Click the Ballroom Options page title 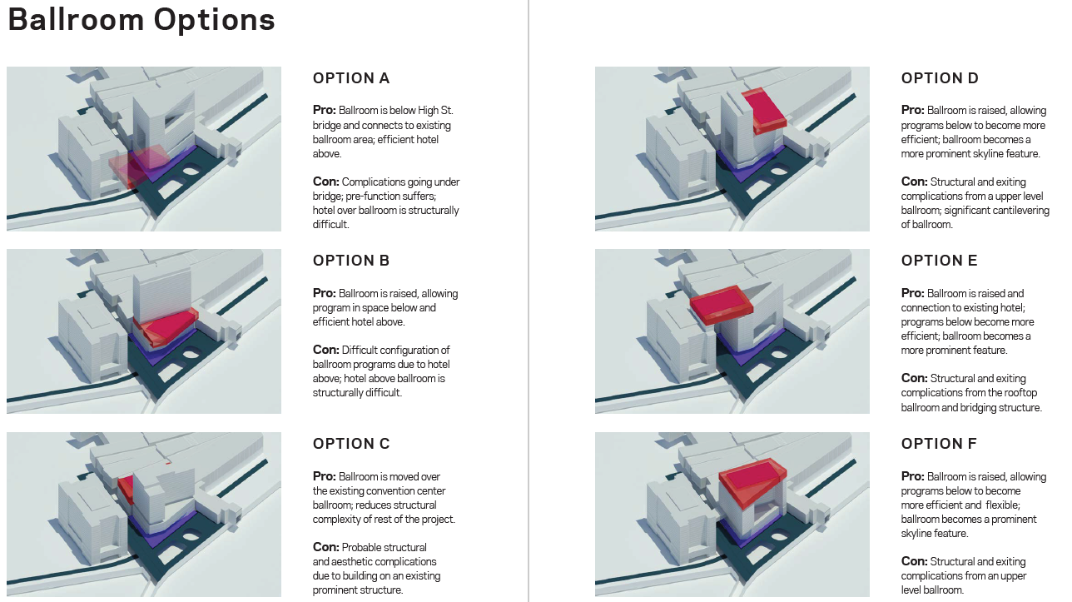[x=141, y=20]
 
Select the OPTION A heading [x=351, y=78]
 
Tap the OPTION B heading [x=351, y=261]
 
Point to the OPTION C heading [x=351, y=444]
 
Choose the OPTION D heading [x=940, y=78]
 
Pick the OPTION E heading [x=940, y=261]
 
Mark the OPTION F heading [x=939, y=444]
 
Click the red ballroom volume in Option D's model [x=765, y=110]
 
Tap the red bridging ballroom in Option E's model [x=722, y=305]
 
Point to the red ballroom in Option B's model [x=168, y=326]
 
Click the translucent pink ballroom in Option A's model [x=138, y=165]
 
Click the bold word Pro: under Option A [x=324, y=110]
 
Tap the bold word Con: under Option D [x=914, y=182]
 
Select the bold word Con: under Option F [x=914, y=561]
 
